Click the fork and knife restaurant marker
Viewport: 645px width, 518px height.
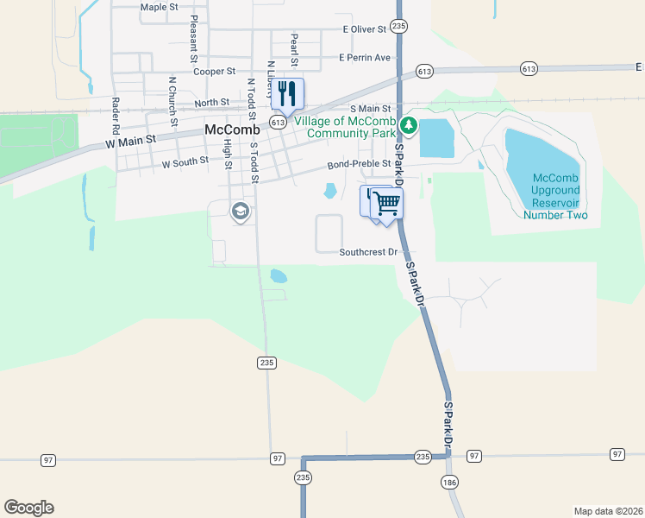(287, 93)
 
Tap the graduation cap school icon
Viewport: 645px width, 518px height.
(240, 211)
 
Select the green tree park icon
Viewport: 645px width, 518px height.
(408, 128)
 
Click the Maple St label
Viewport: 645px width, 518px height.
(159, 7)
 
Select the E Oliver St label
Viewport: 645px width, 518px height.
(365, 29)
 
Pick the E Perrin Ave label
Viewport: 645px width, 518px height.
(365, 58)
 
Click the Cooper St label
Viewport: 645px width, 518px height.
(215, 71)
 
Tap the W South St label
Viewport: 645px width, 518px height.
(185, 161)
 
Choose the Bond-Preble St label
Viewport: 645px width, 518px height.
(360, 164)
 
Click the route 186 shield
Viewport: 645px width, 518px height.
(448, 482)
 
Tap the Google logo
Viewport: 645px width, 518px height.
(28, 508)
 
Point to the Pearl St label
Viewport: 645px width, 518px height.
(295, 49)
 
